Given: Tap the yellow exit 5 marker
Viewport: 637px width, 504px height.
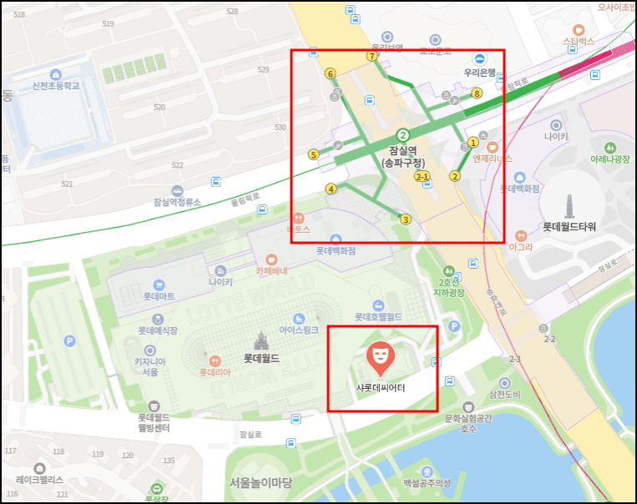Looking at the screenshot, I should tap(313, 154).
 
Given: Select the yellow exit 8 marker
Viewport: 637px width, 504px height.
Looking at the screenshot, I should tap(478, 93).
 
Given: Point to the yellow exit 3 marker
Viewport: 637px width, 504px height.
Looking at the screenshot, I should tap(406, 219).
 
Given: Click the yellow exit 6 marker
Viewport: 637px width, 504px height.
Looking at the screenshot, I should tap(331, 74).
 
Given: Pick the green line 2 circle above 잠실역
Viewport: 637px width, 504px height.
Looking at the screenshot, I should tap(403, 134).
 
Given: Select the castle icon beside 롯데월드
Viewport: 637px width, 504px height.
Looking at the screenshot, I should tap(260, 342).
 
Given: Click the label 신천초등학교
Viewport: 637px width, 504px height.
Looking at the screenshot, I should tap(56, 86).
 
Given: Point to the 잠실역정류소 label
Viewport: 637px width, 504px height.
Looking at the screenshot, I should tap(178, 202).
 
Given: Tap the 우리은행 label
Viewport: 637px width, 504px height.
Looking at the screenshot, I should tap(479, 72).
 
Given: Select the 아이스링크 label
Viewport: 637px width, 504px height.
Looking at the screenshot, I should tap(299, 330).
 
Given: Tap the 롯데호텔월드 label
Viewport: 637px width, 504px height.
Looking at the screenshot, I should tap(378, 317).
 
